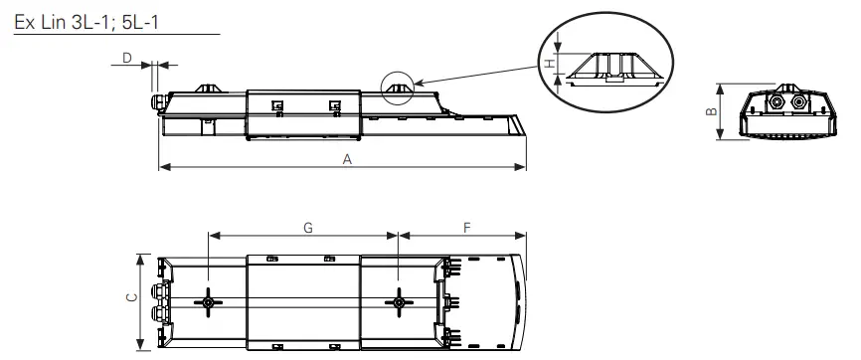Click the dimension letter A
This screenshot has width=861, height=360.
click(346, 158)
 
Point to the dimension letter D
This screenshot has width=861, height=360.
click(126, 59)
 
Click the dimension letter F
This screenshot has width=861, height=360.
click(467, 228)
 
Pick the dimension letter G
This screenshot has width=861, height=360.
click(308, 228)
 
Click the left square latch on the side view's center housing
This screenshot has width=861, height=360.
click(277, 104)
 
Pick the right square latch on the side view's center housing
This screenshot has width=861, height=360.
click(333, 104)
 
